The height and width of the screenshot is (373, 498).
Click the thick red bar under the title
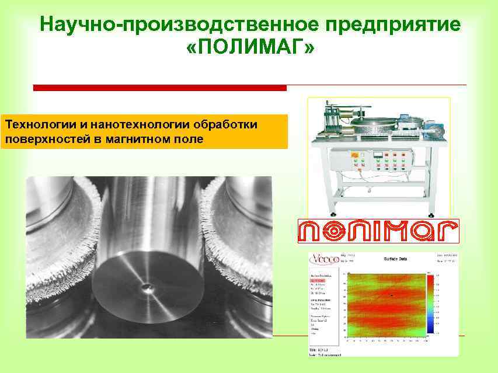click(x=160, y=88)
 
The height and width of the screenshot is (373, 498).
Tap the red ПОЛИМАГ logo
click(x=378, y=231)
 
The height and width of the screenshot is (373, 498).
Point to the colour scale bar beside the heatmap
click(x=431, y=303)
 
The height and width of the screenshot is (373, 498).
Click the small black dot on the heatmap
click(x=391, y=296)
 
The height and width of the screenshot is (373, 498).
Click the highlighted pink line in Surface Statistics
click(x=321, y=280)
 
